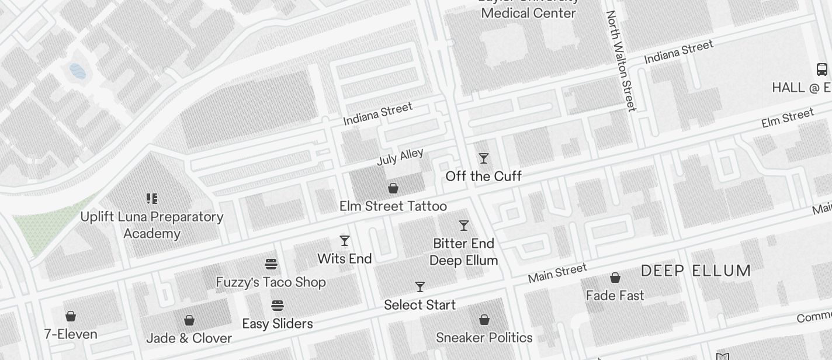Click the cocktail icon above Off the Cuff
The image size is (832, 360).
click(484, 158)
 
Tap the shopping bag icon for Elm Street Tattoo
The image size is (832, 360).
click(393, 188)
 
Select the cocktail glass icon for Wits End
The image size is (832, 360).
click(345, 241)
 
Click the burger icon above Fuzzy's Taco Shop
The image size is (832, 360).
click(271, 264)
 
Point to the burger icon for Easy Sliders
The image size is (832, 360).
click(278, 306)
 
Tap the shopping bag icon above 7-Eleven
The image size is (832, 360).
click(71, 316)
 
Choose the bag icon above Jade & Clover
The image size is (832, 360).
click(189, 320)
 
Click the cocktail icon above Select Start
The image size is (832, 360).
click(420, 287)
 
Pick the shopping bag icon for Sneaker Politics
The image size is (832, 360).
click(484, 320)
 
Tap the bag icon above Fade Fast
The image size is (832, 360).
click(615, 278)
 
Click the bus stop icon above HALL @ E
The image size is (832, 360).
click(821, 70)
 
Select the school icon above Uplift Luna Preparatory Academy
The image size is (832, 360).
click(152, 199)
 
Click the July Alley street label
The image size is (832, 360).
click(400, 157)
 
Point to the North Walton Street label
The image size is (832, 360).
click(621, 61)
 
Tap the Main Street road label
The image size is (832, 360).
click(557, 273)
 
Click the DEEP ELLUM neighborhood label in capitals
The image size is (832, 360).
click(695, 271)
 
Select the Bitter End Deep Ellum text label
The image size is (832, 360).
click(464, 252)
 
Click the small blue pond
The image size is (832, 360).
click(78, 71)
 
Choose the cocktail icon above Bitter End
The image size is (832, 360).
click(464, 226)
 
